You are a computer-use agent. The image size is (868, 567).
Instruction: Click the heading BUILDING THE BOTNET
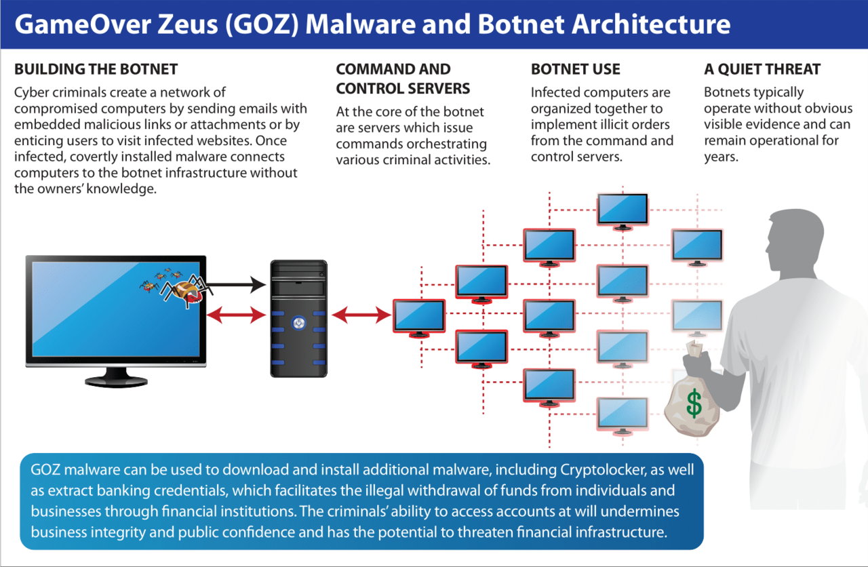[x=96, y=69]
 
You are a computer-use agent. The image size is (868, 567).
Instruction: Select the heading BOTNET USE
[x=576, y=69]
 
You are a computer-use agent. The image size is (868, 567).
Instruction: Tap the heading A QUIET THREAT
[x=762, y=69]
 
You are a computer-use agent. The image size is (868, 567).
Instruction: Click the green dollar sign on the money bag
[x=694, y=404]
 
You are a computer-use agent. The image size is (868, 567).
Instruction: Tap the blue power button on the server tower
[x=298, y=322]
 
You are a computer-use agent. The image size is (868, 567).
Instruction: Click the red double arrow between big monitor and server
[x=236, y=315]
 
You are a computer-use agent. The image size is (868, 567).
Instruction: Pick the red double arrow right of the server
[x=361, y=315]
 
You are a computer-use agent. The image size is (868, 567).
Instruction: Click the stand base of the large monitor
[x=116, y=381]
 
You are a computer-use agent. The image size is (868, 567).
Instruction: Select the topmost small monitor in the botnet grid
[x=623, y=212]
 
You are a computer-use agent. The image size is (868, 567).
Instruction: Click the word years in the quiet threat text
[x=721, y=157]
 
